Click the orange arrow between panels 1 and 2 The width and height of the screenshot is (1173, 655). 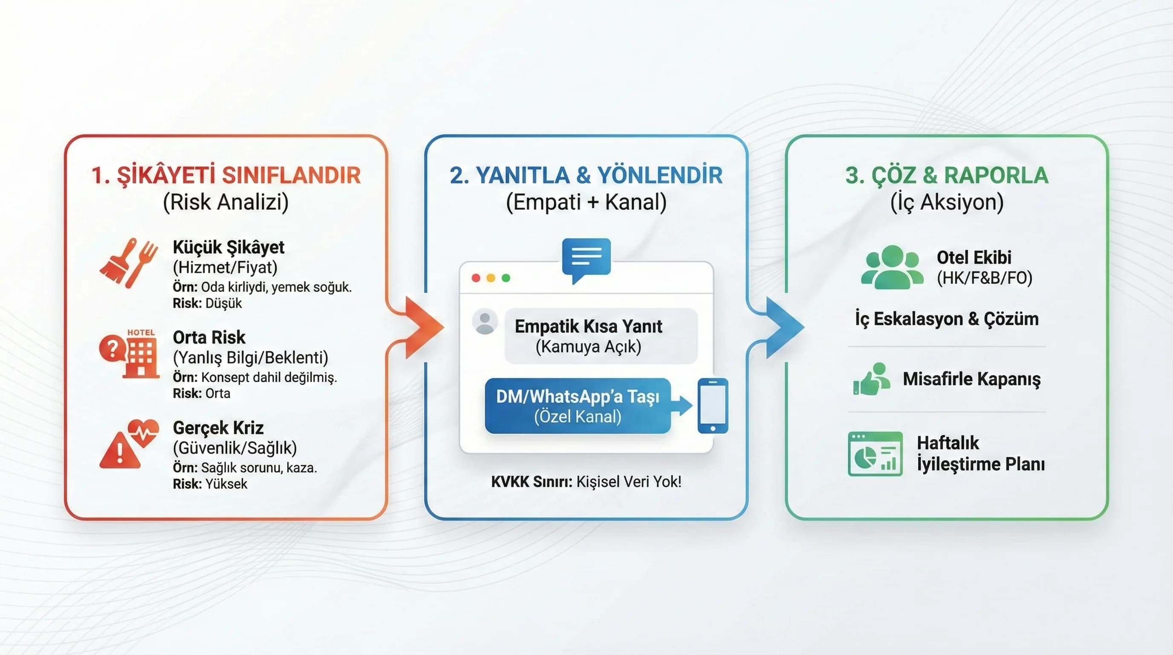pyautogui.click(x=421, y=327)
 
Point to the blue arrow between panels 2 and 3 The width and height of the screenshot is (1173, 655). pyautogui.click(x=782, y=327)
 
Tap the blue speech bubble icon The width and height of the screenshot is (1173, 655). pyautogui.click(x=586, y=259)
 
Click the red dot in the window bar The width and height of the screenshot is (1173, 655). pyautogui.click(x=476, y=278)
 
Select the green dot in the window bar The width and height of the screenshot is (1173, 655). pyautogui.click(x=506, y=278)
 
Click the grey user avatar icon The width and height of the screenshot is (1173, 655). pyautogui.click(x=485, y=322)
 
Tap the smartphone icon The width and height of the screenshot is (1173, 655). pyautogui.click(x=713, y=406)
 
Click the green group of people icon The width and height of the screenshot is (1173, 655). pyautogui.click(x=892, y=267)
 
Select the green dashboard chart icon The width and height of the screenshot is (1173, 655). pyautogui.click(x=875, y=454)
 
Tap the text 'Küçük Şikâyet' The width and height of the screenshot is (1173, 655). pyautogui.click(x=228, y=247)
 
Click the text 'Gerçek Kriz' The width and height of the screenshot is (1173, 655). pyautogui.click(x=218, y=428)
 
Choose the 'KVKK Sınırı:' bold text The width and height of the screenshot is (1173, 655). pyautogui.click(x=532, y=481)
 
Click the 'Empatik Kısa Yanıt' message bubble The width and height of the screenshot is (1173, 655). pyautogui.click(x=601, y=336)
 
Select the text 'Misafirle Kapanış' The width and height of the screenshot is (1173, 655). pyautogui.click(x=971, y=379)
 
